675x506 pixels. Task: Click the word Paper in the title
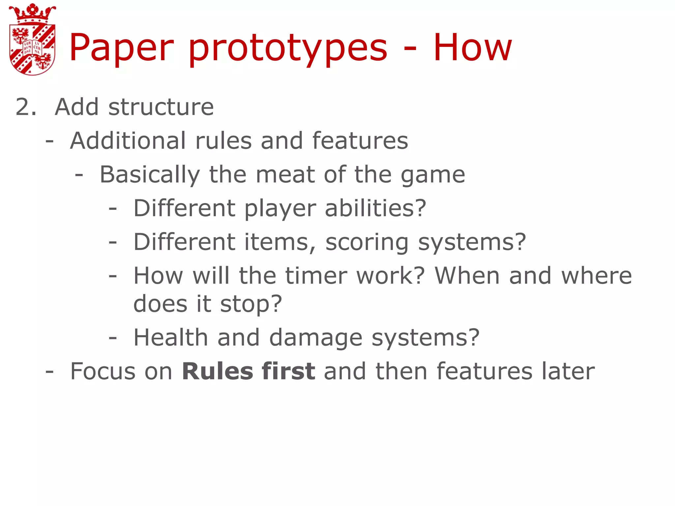tap(121, 48)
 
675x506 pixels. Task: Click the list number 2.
tap(26, 107)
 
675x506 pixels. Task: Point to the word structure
tap(161, 107)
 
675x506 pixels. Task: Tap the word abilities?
tap(375, 209)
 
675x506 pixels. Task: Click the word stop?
tap(251, 304)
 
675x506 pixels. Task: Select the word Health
tap(170, 338)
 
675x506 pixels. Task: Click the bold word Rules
tap(217, 371)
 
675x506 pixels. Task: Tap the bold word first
tap(288, 371)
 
